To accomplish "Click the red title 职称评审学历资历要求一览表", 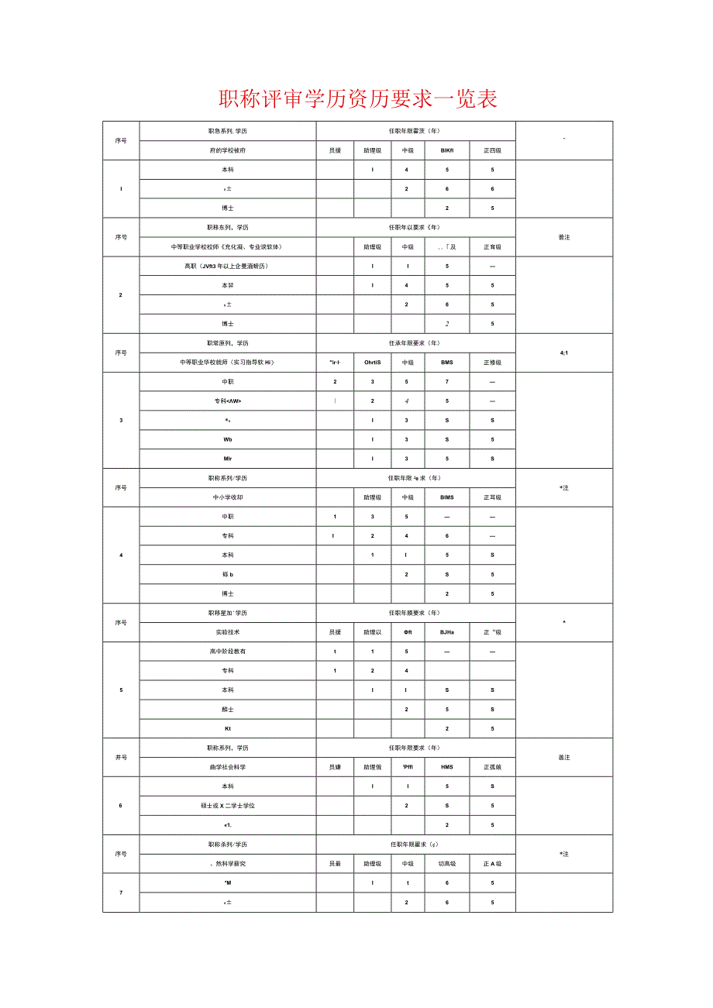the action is [357, 98].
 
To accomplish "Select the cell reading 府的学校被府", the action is [228, 150].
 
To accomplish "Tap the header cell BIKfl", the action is [446, 150].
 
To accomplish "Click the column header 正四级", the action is [492, 150].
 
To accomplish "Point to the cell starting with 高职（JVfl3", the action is [228, 266].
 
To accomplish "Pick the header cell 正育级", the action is [492, 247].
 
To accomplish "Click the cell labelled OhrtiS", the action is [372, 363].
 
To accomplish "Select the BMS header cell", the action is [446, 363].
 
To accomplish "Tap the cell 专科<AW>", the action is [228, 401].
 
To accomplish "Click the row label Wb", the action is [228, 439].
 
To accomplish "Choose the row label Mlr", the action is [228, 459].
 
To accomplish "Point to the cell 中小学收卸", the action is [228, 497].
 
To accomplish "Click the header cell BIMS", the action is [446, 497].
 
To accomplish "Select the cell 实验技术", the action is [228, 632].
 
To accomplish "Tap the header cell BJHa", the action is [446, 632].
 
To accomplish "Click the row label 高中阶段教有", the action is [228, 652].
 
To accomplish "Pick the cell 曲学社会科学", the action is [228, 767].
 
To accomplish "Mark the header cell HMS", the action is [446, 767].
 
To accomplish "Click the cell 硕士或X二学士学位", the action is [228, 806].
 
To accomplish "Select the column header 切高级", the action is [446, 864].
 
